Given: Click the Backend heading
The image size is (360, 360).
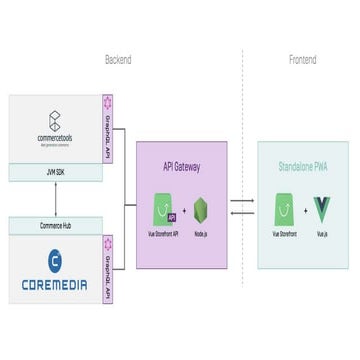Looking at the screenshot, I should point(118,61).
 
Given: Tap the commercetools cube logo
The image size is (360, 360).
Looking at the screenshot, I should point(55,121).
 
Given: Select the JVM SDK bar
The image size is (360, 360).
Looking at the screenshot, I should point(55,171).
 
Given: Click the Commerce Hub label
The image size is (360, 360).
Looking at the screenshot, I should point(55,225).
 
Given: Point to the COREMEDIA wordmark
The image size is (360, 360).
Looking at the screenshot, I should point(55,285).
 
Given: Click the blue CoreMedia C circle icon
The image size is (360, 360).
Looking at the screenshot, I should point(55,259).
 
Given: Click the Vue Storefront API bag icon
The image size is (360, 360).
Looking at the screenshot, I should point(164,213).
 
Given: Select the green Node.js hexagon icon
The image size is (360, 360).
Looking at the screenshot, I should point(201,213).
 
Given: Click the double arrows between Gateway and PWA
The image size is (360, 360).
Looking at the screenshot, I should point(242,207).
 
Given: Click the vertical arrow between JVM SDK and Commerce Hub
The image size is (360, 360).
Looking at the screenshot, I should point(55,198).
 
